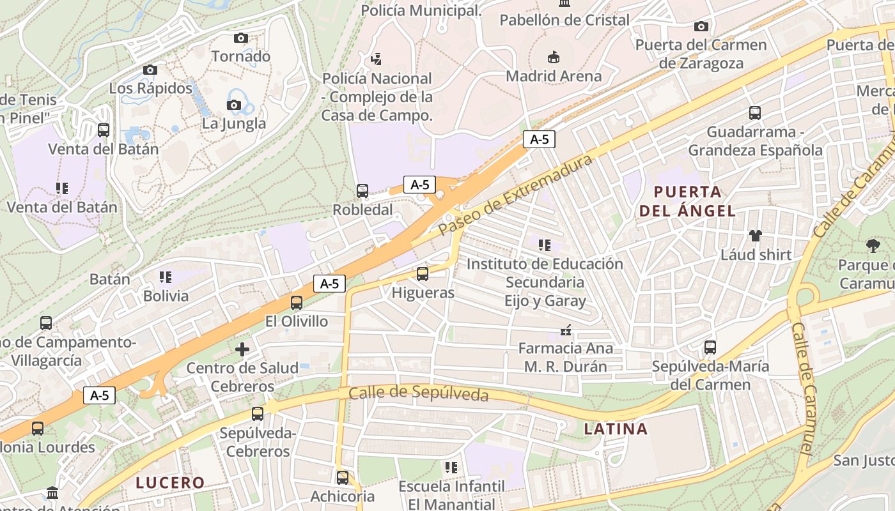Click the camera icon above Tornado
pos(241,38)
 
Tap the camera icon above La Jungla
pos(234,105)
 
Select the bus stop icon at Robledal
pos(362,190)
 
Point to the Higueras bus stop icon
pos(423,274)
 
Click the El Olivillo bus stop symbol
pos(297,303)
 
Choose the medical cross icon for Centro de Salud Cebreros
pos(242,349)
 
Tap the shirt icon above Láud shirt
pos(756,236)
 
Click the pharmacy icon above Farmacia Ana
pos(565,330)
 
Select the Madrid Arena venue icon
pos(554,57)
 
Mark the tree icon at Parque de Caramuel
pos(873,245)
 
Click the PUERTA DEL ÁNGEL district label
pos(687,201)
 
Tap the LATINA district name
pos(616,429)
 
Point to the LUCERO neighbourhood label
pos(170,482)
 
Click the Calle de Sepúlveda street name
pos(418,393)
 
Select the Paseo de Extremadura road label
pos(516,195)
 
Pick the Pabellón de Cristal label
pos(564,20)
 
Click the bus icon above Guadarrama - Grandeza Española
pos(755,113)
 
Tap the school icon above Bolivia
pos(166,277)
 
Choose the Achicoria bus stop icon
pos(343,477)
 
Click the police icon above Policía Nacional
pos(377,59)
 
